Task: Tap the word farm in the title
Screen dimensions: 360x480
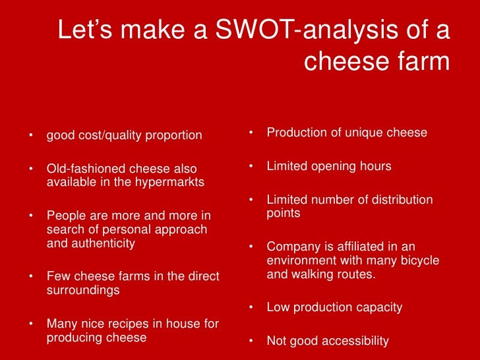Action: tap(421, 62)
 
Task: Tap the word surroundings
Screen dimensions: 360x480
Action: tap(83, 289)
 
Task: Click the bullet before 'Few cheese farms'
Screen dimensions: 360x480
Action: tap(31, 277)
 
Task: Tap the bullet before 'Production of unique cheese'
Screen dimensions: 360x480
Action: tap(251, 133)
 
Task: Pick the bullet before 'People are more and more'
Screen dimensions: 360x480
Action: tap(31, 216)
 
